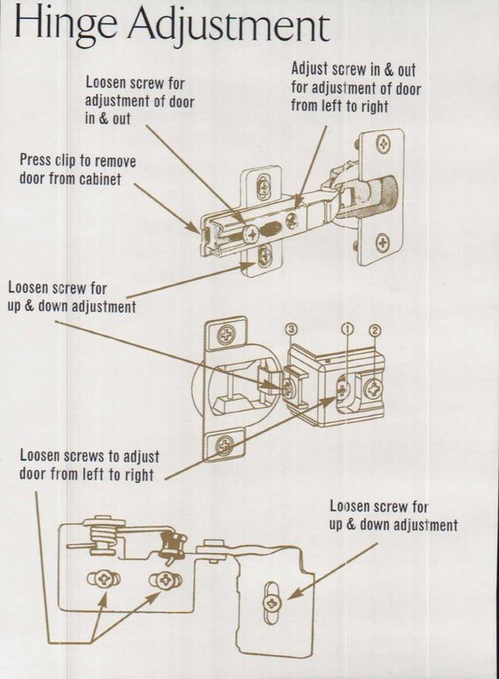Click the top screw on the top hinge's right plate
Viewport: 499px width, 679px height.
point(383,141)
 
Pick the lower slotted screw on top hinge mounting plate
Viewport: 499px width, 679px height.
point(264,258)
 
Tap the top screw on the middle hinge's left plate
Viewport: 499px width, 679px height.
point(226,335)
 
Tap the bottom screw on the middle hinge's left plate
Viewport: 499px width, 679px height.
point(225,443)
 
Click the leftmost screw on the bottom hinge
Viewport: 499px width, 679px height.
point(103,579)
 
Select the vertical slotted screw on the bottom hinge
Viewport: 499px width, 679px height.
point(271,603)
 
